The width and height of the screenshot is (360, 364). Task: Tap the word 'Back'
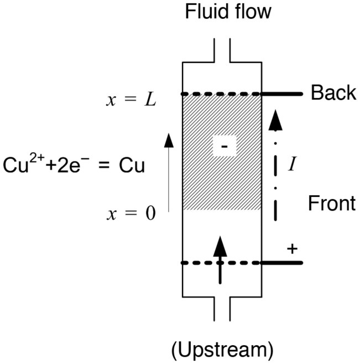pos(333,93)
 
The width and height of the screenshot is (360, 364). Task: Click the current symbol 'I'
pos(295,164)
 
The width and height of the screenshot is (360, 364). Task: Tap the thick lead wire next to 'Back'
pos(281,94)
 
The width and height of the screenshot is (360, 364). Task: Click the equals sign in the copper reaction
pos(101,167)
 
